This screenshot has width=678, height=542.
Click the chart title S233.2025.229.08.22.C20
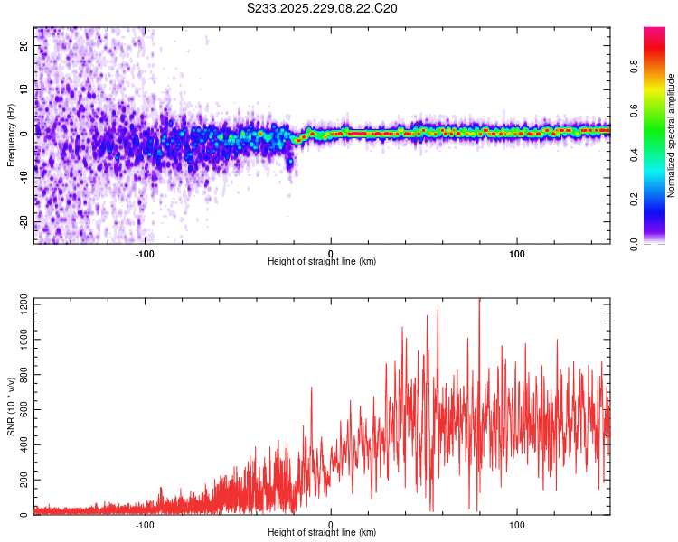(x=322, y=8)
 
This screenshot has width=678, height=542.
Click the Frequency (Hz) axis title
(x=11, y=135)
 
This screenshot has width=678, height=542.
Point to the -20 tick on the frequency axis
(x=24, y=221)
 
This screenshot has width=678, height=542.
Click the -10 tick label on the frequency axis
(x=24, y=178)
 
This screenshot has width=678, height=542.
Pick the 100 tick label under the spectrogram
(x=517, y=253)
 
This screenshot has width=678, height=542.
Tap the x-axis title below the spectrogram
(x=322, y=262)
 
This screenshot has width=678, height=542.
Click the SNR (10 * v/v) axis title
(x=11, y=406)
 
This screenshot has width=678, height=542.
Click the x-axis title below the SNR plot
(x=322, y=533)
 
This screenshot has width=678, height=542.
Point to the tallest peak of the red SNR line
(x=479, y=300)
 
